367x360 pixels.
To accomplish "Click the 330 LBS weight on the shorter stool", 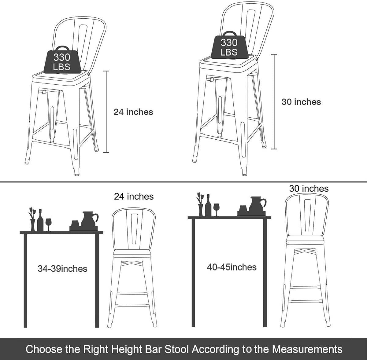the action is [61, 60].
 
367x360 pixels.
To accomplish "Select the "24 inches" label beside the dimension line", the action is [133, 112].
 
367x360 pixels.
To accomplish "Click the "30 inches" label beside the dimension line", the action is [301, 102].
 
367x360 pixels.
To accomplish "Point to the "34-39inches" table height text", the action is [62, 269].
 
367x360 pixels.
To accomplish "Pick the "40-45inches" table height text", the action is [232, 267].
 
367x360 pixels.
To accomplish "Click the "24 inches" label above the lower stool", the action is [134, 197].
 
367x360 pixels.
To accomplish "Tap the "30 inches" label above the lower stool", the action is [309, 189].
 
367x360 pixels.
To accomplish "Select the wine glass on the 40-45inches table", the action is [216, 210].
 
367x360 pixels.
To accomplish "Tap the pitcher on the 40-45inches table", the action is [258, 204].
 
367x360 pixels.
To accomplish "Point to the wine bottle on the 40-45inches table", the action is [208, 205].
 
